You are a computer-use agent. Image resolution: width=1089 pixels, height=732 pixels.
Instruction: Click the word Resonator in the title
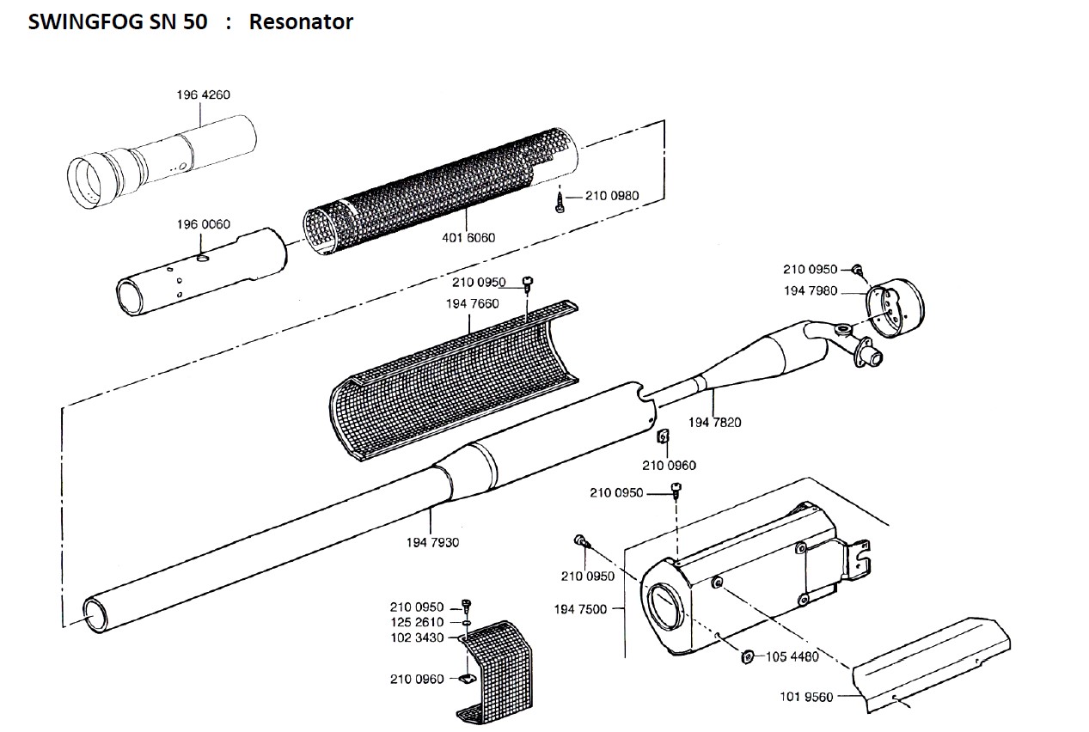(x=301, y=22)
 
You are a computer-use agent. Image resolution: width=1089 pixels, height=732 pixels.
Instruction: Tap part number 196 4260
(x=203, y=95)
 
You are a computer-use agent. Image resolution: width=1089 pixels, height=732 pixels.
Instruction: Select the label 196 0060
(x=204, y=224)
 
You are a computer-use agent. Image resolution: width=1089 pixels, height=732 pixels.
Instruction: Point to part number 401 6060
(x=468, y=237)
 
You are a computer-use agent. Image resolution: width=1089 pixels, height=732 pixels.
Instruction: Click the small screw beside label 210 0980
(x=560, y=205)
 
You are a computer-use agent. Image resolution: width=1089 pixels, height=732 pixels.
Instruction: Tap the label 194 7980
(x=810, y=290)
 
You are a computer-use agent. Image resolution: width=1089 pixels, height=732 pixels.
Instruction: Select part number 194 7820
(x=714, y=422)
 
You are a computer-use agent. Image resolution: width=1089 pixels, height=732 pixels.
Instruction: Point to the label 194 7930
(x=432, y=542)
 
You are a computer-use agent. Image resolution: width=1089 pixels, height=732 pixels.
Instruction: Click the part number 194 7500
(x=580, y=609)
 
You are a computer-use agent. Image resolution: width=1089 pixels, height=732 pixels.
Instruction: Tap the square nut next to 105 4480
(x=747, y=657)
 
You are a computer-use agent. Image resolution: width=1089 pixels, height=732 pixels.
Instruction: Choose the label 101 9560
(x=806, y=697)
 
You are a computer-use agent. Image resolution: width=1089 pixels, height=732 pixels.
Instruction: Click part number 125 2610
(x=416, y=622)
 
